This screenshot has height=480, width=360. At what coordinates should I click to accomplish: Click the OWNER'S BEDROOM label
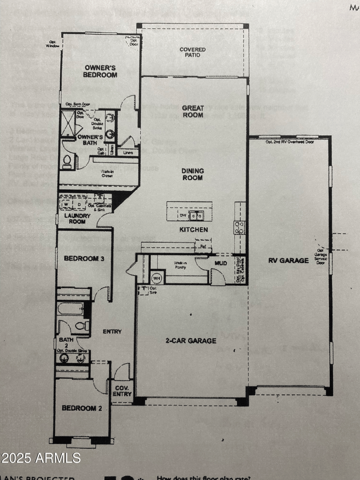[101, 71]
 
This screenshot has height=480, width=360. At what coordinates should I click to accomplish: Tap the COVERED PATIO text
[193, 52]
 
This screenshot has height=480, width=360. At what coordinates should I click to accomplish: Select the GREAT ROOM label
[193, 111]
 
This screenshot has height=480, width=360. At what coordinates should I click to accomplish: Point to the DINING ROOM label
[193, 174]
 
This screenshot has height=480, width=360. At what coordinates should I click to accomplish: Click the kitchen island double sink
[196, 216]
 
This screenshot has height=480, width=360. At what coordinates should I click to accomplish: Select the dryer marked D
[80, 204]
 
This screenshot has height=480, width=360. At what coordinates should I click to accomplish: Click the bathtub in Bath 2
[71, 309]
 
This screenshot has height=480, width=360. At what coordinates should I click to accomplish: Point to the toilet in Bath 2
[81, 326]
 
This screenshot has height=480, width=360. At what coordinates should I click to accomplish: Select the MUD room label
[220, 263]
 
